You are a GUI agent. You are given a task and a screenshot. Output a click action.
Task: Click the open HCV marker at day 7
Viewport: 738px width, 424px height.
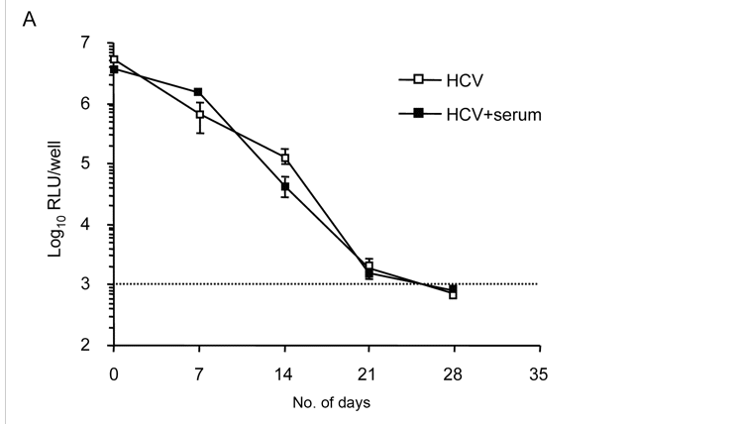(199, 115)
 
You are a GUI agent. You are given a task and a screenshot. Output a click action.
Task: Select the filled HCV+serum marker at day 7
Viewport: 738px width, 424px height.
(199, 92)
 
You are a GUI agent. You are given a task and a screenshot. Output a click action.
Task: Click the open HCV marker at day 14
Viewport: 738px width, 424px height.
(284, 158)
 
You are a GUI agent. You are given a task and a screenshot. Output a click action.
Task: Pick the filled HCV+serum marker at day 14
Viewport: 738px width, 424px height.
(284, 186)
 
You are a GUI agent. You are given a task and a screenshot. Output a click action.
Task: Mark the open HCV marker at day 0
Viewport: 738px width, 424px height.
(114, 59)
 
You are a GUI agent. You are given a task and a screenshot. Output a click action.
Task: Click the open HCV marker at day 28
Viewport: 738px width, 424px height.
(453, 294)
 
